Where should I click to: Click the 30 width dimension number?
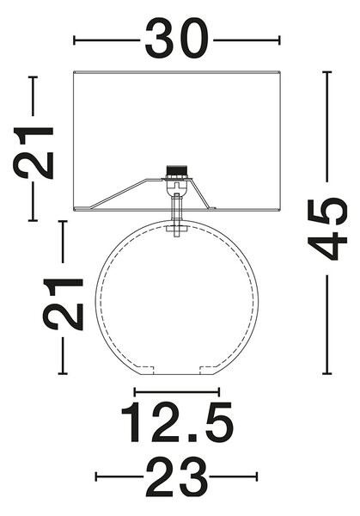click(x=176, y=38)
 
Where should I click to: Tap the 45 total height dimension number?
click(x=327, y=229)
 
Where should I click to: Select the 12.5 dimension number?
click(x=178, y=422)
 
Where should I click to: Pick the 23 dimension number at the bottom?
click(x=176, y=477)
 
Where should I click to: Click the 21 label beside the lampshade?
click(x=33, y=153)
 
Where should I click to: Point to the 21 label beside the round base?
click(x=63, y=304)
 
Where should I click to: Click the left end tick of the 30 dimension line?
click(x=74, y=40)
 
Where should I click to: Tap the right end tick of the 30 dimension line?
click(x=279, y=40)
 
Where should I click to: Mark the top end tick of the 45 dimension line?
click(x=326, y=71)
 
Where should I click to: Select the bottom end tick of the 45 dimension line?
click(x=326, y=374)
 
